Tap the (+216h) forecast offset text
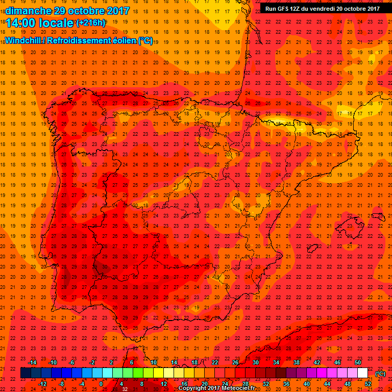point(91,22)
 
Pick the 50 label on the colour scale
point(358,362)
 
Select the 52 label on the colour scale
point(368,384)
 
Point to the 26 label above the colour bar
point(235,362)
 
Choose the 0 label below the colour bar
point(101,384)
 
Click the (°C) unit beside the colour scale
point(380,374)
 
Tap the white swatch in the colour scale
point(363,373)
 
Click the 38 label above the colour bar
point(297,362)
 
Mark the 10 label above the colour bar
point(154,362)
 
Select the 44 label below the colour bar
point(327,384)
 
